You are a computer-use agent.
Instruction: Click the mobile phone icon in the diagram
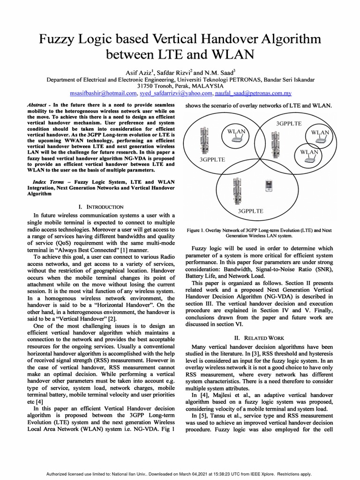269,186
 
